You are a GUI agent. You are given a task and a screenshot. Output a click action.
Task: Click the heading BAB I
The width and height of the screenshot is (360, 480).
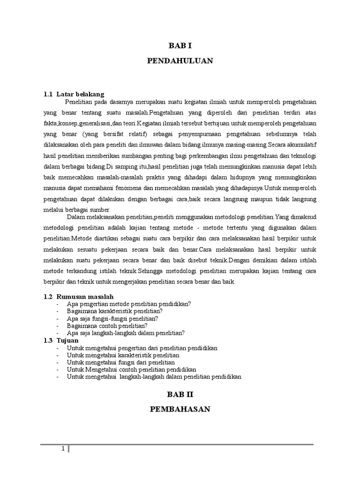[x=180, y=45]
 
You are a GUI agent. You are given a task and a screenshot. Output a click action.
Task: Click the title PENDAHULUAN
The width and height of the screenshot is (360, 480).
[x=180, y=61]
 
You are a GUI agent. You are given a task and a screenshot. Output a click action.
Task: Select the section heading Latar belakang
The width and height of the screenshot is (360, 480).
[x=80, y=94]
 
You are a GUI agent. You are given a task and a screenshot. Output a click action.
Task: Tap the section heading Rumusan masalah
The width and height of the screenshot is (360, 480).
[x=85, y=297]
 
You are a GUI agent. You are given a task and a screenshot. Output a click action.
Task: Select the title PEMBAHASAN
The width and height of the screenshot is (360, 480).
[x=180, y=409]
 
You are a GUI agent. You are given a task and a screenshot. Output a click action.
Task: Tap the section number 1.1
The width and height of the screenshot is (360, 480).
[x=48, y=94]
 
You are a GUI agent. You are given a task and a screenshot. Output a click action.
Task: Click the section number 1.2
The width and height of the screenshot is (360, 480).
[x=48, y=297]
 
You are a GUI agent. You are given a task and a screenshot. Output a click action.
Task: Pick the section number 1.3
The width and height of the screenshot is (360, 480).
[x=48, y=340]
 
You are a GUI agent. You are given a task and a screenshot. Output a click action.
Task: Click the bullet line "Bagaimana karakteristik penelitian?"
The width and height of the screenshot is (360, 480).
[x=115, y=311]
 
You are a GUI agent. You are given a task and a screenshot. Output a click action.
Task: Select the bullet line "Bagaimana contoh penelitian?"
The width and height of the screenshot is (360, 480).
[x=107, y=325]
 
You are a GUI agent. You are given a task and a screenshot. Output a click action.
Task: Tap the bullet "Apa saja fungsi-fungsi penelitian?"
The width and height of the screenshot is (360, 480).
[x=112, y=318]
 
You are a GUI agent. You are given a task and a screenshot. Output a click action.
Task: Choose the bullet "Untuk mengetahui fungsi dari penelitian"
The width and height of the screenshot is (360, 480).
[x=121, y=362]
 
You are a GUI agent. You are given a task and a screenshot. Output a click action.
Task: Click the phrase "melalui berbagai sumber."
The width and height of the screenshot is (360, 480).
[x=76, y=210]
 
